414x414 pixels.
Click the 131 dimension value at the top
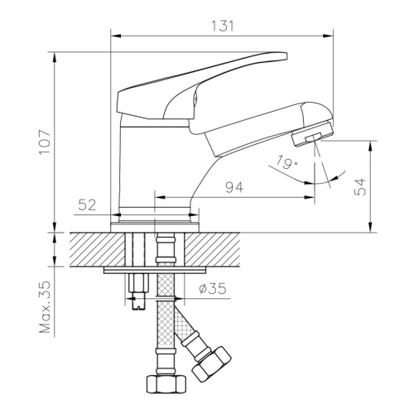click(223, 26)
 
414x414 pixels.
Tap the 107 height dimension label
click(45, 142)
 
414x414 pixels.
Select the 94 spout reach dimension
click(234, 187)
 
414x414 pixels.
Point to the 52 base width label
click(87, 205)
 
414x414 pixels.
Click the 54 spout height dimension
click(360, 187)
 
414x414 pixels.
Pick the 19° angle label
click(286, 162)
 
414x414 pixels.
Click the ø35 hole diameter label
click(212, 289)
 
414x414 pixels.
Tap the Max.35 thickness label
click(45, 307)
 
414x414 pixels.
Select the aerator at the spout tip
click(312, 134)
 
